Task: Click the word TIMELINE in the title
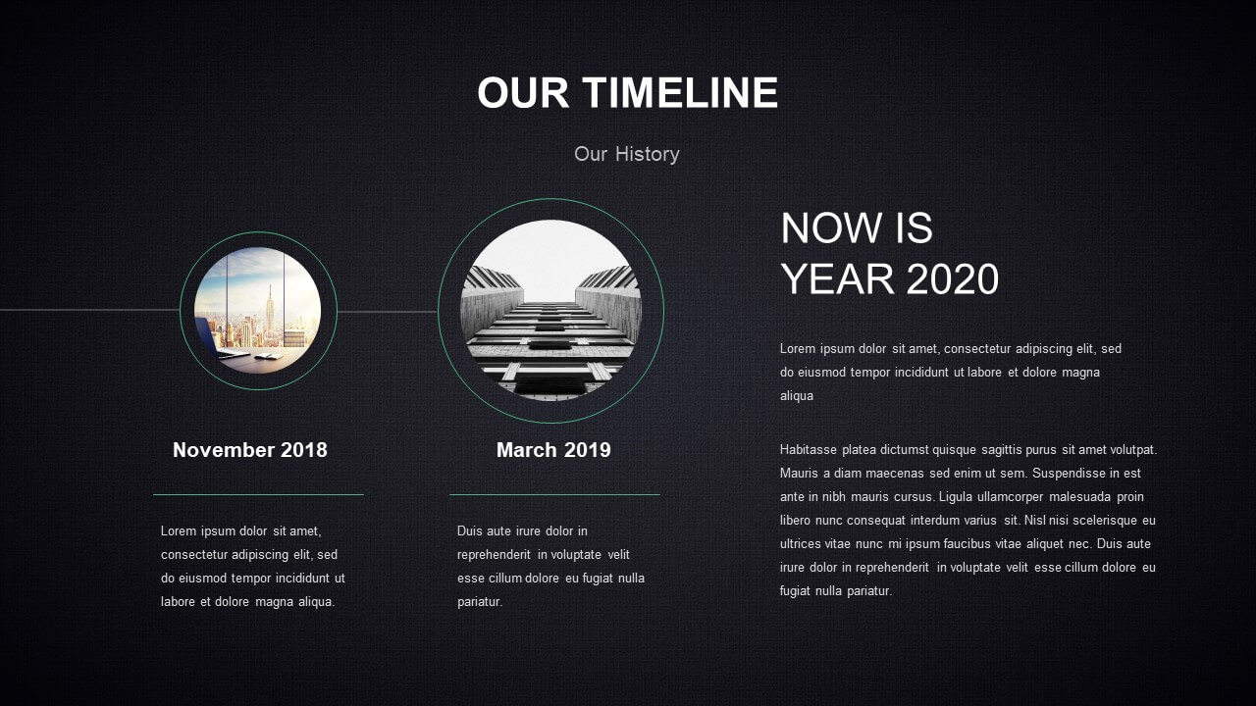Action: click(680, 92)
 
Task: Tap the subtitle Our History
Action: click(627, 154)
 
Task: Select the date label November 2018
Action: click(250, 449)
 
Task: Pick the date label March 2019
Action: click(553, 449)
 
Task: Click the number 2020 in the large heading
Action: click(952, 278)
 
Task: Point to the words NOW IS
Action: click(857, 227)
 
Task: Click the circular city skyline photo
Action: click(258, 311)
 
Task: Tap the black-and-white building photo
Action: click(550, 311)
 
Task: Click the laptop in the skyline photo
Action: click(220, 338)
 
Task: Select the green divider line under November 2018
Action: click(258, 495)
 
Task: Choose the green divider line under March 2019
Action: click(554, 495)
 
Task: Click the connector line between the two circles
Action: click(388, 312)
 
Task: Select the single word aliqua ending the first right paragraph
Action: click(797, 395)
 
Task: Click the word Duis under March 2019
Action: click(470, 530)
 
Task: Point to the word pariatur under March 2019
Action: click(480, 602)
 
